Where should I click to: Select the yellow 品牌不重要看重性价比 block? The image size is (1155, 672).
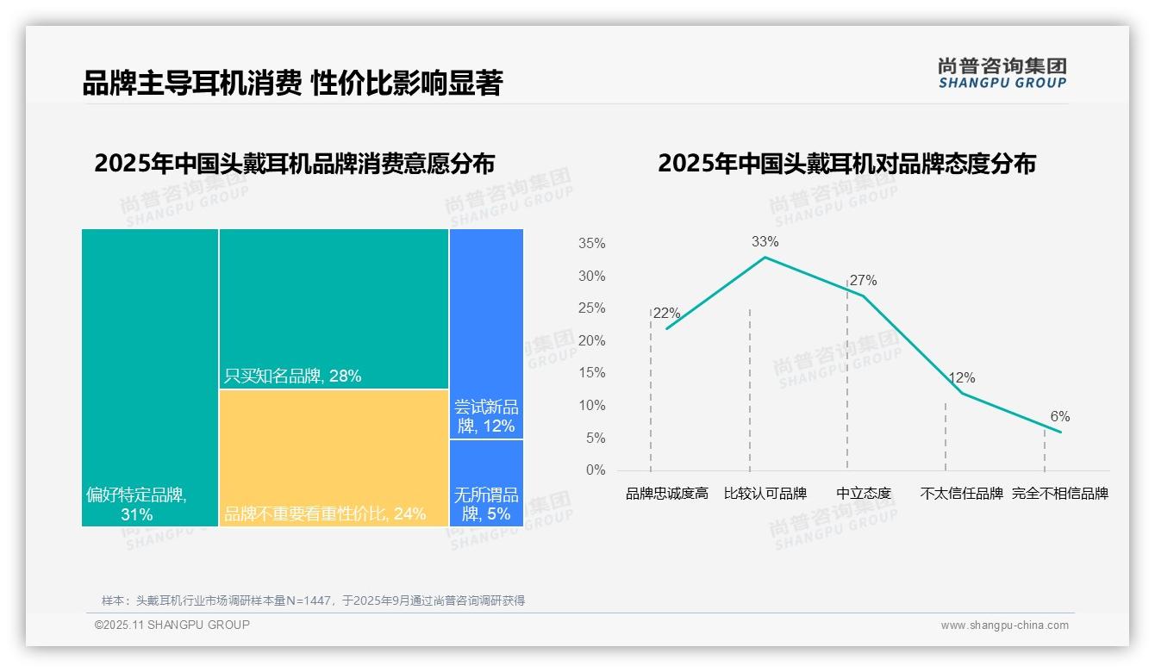pos(334,457)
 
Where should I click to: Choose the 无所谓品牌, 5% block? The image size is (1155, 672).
pos(486,482)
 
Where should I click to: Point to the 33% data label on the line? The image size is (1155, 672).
pos(765,242)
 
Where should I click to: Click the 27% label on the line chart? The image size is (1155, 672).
pos(863,281)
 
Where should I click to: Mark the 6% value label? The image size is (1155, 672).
pos(1060,417)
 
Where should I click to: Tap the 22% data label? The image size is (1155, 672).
pos(666,314)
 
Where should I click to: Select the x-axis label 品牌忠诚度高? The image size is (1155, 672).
pos(666,494)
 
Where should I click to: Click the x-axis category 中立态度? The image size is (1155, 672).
pos(864,494)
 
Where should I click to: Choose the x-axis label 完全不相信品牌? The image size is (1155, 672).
pos(1060,494)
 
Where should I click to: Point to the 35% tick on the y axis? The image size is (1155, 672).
pos(591,244)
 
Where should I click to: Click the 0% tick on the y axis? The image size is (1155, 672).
pos(595,470)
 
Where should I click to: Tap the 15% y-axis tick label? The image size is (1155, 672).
pos(591,373)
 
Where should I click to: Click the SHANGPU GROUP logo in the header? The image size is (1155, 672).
pos(1002,73)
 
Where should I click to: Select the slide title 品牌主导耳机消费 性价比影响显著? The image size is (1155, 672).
pos(292,84)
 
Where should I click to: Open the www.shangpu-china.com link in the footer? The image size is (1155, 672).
pos(1004,625)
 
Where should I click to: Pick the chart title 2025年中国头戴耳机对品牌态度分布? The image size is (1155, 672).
pos(846,164)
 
